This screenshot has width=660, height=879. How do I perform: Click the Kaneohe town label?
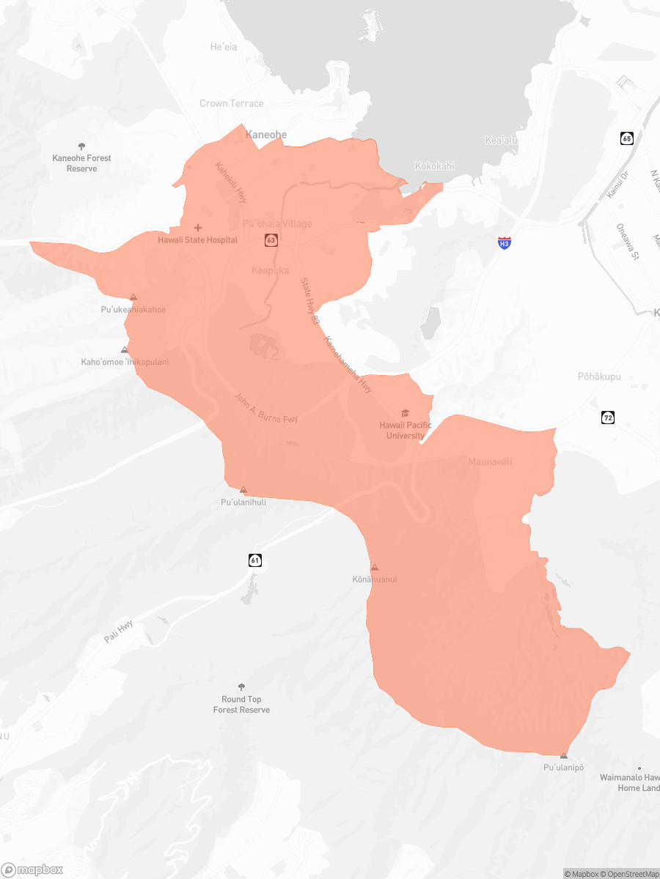pos(266,135)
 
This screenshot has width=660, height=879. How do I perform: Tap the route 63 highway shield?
pos(271,240)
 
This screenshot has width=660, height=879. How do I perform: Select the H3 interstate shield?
pos(504,242)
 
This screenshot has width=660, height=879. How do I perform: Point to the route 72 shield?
pos(607,418)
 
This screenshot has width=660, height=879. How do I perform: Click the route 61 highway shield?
pos(254,560)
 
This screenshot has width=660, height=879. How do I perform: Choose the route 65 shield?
pos(626,138)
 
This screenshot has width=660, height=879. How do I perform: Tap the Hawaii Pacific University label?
pos(405,431)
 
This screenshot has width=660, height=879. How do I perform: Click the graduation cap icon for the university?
pos(406,413)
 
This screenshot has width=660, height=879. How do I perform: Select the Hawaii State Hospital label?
pos(198,240)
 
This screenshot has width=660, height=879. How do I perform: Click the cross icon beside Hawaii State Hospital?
pos(198,228)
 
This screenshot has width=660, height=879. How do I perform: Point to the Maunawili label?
pos(490,461)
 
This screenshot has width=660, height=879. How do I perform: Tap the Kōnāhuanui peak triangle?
pos(375,568)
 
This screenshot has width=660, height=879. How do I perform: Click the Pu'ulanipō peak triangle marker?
pos(563,755)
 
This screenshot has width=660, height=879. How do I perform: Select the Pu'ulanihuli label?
pos(243,502)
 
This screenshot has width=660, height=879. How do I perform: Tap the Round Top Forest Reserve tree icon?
pos(241,687)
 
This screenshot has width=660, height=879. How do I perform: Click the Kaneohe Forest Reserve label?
pos(81,163)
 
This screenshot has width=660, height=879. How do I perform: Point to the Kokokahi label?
pos(434,166)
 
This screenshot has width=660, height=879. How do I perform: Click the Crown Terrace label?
pos(231,103)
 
